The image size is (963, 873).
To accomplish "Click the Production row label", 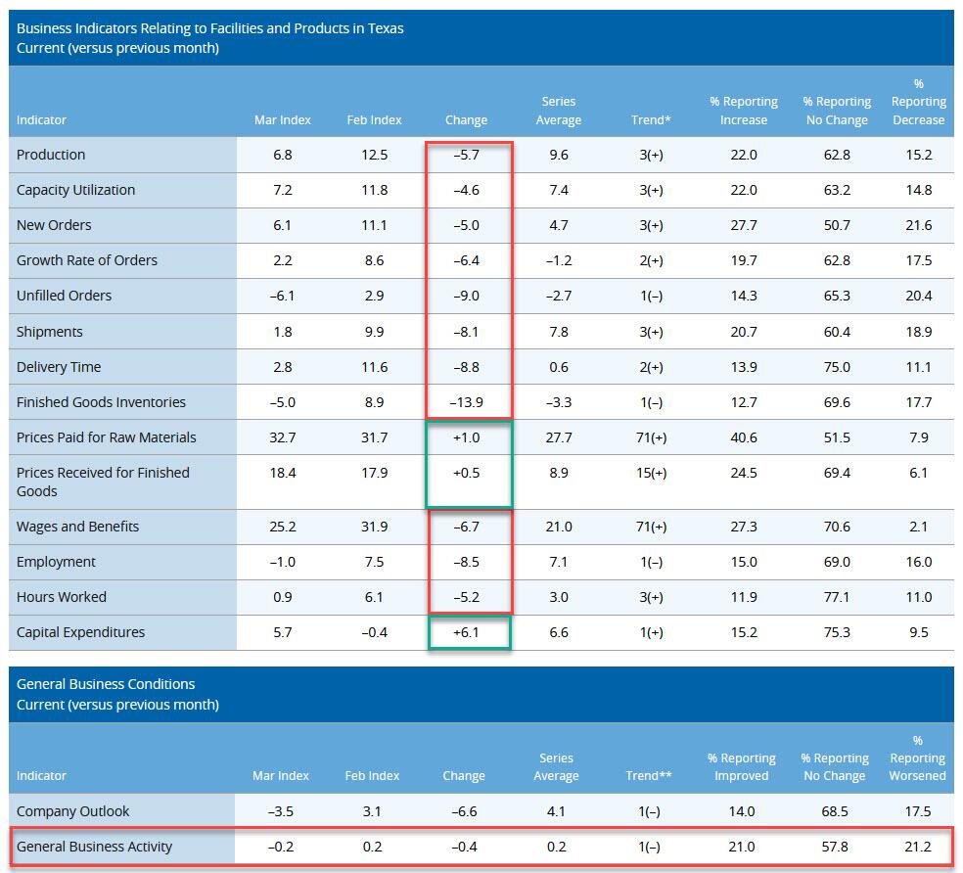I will point(51,155).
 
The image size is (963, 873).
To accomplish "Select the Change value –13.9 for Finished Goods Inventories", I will point(466,402).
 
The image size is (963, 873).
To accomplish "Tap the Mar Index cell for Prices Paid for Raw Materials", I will point(282,437).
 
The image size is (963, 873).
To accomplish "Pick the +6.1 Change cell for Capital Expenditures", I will point(466,632).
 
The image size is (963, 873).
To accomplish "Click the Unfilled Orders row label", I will point(64,296).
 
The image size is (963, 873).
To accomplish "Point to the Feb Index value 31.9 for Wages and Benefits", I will point(374,527).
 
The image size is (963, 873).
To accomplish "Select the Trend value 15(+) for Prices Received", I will point(651,473).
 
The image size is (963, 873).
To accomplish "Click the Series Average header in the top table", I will point(559,111).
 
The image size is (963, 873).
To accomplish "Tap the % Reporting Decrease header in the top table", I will point(918,102).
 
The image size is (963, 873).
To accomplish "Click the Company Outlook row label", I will point(72,811).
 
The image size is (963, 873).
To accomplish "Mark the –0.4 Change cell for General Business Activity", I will point(463,847).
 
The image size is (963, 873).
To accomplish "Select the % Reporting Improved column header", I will point(742,766).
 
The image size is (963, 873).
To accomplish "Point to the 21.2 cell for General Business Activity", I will point(917,847).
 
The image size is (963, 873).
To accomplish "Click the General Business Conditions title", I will point(106,684).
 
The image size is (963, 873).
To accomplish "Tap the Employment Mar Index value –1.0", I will point(282,562).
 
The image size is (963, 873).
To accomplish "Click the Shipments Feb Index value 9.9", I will point(374,332).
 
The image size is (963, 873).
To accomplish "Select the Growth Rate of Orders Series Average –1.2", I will point(559,260).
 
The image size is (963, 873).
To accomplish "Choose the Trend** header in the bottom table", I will point(649,776).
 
